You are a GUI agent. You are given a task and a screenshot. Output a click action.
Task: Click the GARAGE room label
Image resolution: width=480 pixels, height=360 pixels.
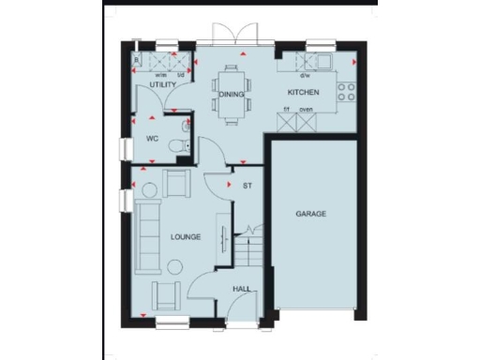tap(311, 215)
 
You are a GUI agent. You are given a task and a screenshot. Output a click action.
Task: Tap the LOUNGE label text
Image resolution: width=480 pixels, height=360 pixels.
tap(184, 237)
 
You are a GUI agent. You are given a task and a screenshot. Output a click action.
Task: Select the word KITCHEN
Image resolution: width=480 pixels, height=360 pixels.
tap(304, 93)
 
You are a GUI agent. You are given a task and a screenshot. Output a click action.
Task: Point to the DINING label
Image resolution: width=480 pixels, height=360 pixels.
tap(231, 95)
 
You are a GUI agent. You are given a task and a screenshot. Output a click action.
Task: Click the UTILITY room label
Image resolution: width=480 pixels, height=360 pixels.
tap(162, 85)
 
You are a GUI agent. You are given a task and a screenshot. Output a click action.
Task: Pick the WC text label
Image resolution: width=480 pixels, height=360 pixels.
tap(151, 140)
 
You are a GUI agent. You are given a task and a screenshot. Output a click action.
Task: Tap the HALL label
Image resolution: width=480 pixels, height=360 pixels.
tap(241, 289)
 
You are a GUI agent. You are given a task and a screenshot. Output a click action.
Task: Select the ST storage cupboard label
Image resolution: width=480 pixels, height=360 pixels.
tap(247, 186)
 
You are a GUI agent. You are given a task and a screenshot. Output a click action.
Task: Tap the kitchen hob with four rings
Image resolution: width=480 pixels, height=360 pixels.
tap(345, 93)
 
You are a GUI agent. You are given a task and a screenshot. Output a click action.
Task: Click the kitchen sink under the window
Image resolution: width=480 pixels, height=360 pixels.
tap(322, 63)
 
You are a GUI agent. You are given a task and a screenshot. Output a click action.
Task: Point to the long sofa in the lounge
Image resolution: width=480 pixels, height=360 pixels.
tap(146, 234)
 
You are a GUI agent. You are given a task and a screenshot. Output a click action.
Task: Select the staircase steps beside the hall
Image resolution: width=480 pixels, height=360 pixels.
tap(248, 248)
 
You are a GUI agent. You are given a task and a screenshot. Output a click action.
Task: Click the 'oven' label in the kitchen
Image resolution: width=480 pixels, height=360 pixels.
tap(306, 110)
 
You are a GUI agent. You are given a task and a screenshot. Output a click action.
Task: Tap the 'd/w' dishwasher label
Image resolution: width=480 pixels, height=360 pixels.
tap(304, 76)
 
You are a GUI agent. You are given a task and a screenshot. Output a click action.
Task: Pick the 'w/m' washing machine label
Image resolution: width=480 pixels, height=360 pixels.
tap(160, 76)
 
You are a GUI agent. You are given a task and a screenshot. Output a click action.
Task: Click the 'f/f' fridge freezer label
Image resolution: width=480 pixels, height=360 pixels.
tap(286, 110)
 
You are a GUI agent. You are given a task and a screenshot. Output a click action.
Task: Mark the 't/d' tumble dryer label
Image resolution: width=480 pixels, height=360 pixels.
tap(181, 76)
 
